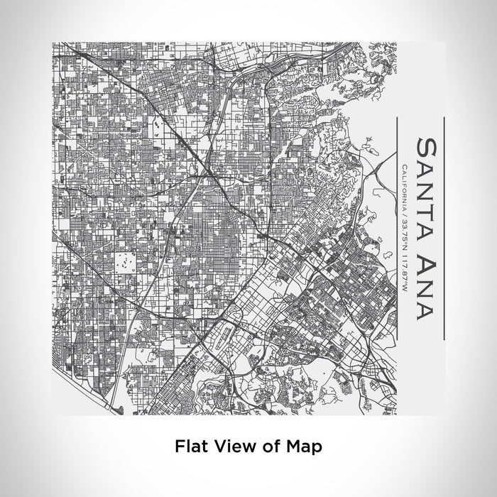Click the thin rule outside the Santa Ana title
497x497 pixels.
pyautogui.click(x=444, y=227)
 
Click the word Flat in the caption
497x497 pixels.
pyautogui.click(x=191, y=447)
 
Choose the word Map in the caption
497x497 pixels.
pyautogui.click(x=302, y=447)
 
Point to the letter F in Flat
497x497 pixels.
pyautogui.click(x=179, y=447)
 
